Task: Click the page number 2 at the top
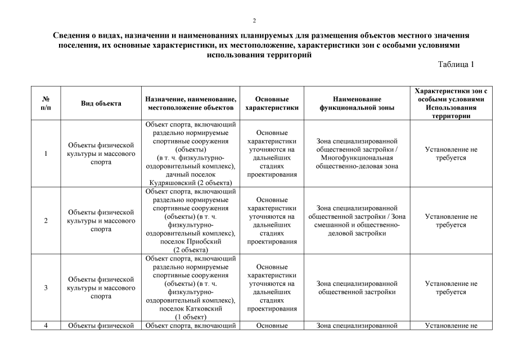[x=254, y=21]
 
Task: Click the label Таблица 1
[x=456, y=64]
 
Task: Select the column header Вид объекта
[x=101, y=103]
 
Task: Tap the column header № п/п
[x=46, y=103]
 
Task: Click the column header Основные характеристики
[x=272, y=103]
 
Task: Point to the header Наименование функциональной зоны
[x=357, y=103]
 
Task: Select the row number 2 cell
[x=46, y=220]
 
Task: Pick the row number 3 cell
[x=46, y=288]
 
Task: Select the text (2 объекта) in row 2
[x=191, y=250]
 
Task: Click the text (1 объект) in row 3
[x=191, y=317]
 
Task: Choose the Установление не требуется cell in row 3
[x=451, y=288]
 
